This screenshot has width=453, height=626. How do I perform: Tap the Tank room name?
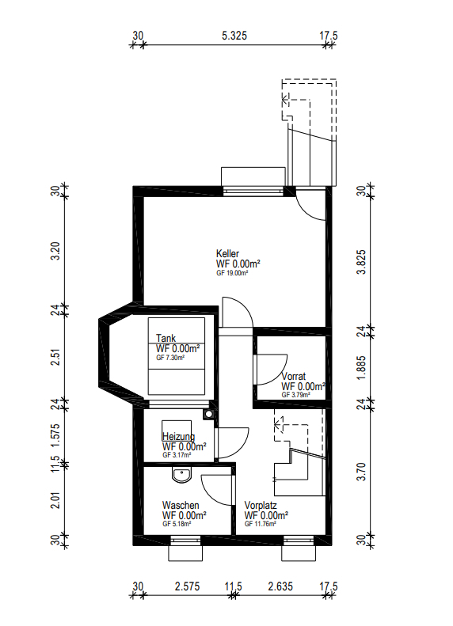point(166,339)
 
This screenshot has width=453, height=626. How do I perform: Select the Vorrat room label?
point(293,377)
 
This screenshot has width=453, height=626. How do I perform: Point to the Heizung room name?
point(178,436)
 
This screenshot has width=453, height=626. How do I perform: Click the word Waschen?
point(180,505)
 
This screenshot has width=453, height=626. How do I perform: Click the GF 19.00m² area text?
point(233,272)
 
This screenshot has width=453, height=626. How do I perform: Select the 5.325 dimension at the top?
point(236,36)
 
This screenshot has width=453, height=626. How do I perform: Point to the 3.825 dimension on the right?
point(361,261)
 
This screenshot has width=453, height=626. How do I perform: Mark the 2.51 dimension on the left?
point(55,357)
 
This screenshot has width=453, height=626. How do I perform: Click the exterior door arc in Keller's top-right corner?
point(310,206)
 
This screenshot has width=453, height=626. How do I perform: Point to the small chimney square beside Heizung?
point(208,413)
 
